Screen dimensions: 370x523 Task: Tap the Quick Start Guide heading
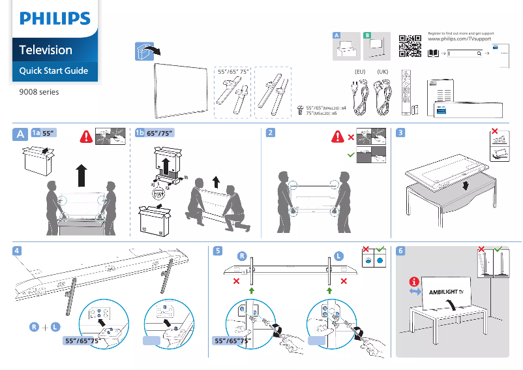[53, 70]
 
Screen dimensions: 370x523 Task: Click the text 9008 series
[39, 92]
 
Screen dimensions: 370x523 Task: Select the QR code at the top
[408, 44]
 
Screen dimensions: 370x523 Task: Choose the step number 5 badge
[218, 251]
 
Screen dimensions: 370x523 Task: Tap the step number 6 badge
[400, 251]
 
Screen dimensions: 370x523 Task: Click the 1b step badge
[139, 133]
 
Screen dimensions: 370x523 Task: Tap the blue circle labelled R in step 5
[241, 256]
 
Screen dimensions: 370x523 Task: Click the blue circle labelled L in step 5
[339, 256]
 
